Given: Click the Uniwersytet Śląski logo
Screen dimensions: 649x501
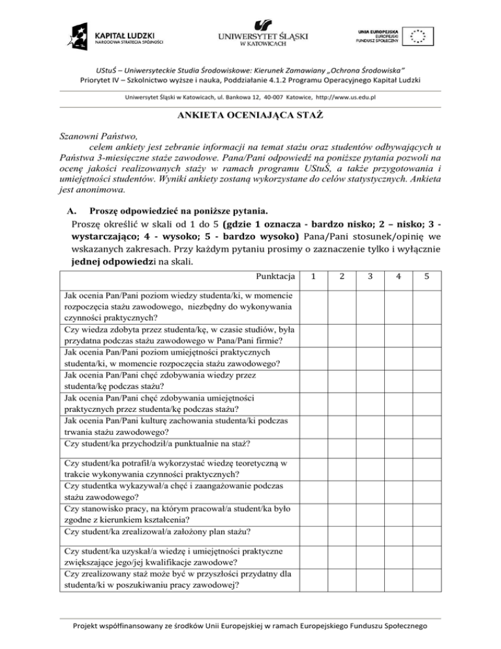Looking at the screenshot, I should [x=260, y=33].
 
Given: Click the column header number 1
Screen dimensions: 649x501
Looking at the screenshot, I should [x=315, y=277].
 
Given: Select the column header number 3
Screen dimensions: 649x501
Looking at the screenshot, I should [x=370, y=277].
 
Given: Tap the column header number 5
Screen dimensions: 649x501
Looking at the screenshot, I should [x=426, y=277].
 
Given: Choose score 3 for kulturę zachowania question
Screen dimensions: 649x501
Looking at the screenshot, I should [x=370, y=425].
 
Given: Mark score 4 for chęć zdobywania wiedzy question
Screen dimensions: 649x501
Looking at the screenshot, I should [x=398, y=381].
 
